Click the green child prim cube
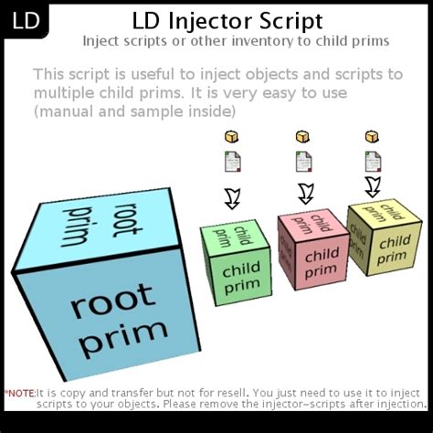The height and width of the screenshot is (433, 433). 237,259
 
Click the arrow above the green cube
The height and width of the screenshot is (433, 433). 232,198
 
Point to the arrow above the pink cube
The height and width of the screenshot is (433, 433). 305,192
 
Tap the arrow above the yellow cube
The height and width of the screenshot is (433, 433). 372,186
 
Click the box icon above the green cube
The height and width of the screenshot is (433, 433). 231,138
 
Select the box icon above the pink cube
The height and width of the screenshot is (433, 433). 302,137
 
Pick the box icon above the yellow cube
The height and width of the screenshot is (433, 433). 372,136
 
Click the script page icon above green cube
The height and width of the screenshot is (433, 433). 232,164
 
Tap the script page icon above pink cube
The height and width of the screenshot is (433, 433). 303,163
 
